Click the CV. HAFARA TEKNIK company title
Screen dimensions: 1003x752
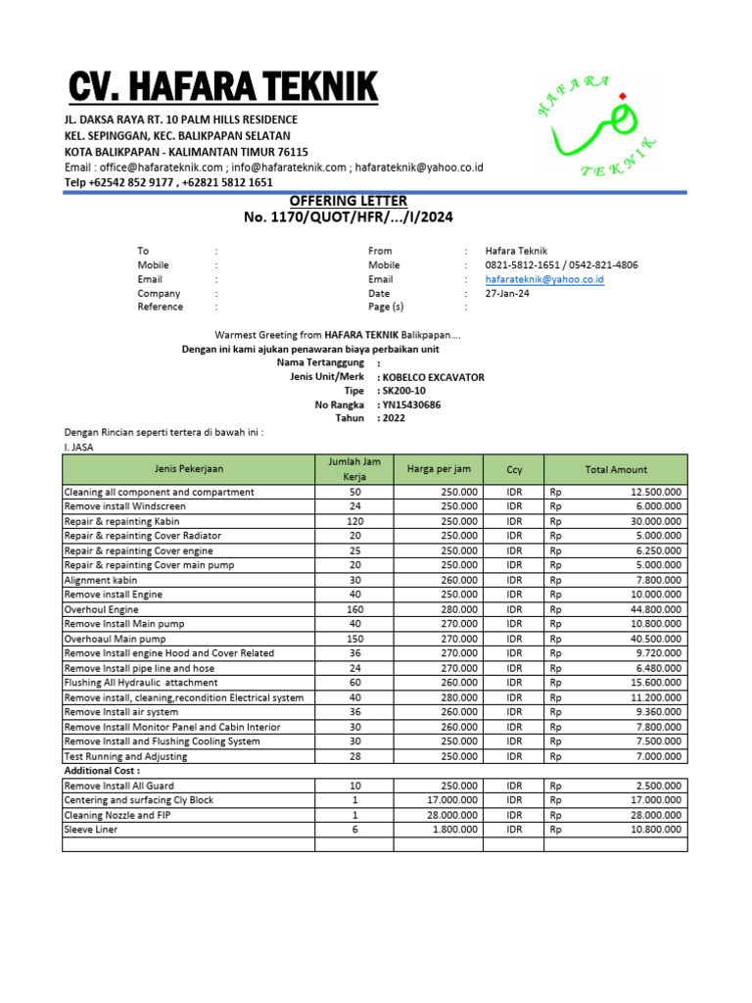222,88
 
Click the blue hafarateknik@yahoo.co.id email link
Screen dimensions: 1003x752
544,279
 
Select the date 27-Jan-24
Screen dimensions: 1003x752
507,293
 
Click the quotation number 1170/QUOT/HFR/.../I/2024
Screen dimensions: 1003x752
349,216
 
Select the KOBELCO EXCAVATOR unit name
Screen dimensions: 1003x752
433,377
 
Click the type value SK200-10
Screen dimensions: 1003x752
404,391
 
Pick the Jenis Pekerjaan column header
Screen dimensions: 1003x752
188,469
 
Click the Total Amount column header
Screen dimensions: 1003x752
616,469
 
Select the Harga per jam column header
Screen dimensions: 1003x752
439,469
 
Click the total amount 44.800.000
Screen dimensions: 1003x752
656,609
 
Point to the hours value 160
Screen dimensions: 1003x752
354,609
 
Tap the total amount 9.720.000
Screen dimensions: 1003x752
659,653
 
